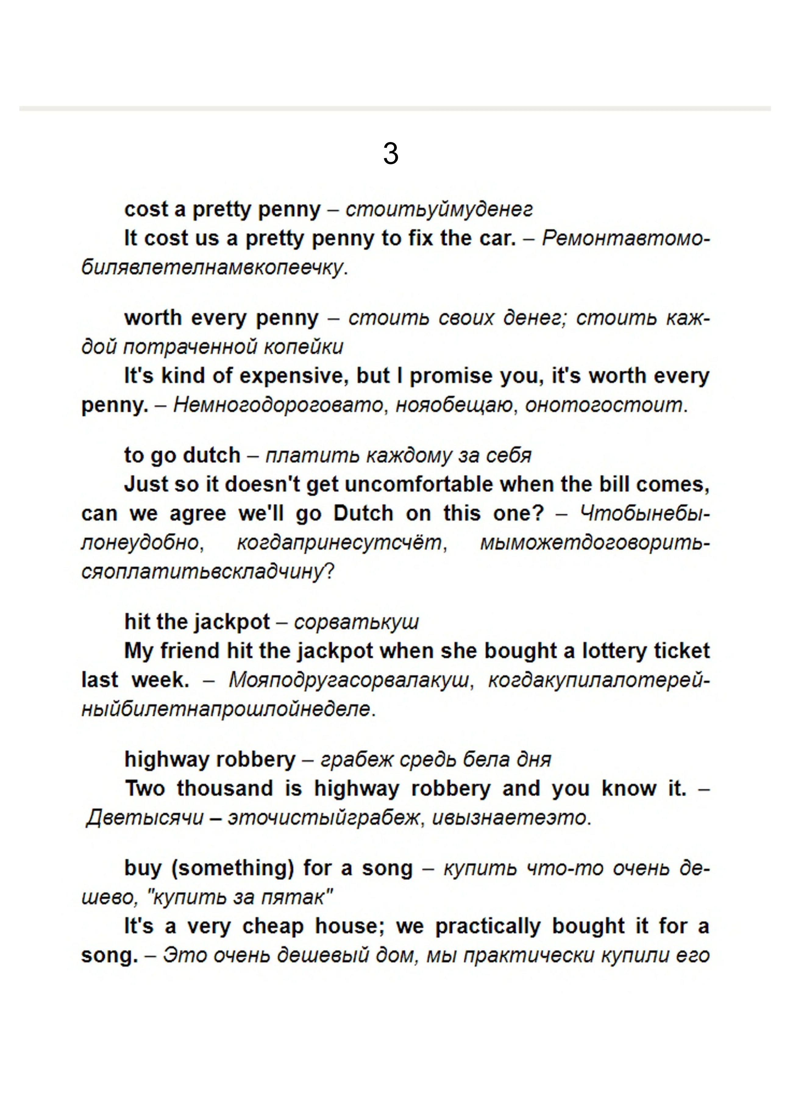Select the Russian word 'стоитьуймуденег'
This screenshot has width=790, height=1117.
point(439,210)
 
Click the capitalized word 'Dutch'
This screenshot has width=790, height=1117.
point(363,514)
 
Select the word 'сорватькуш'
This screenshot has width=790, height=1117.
point(356,622)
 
